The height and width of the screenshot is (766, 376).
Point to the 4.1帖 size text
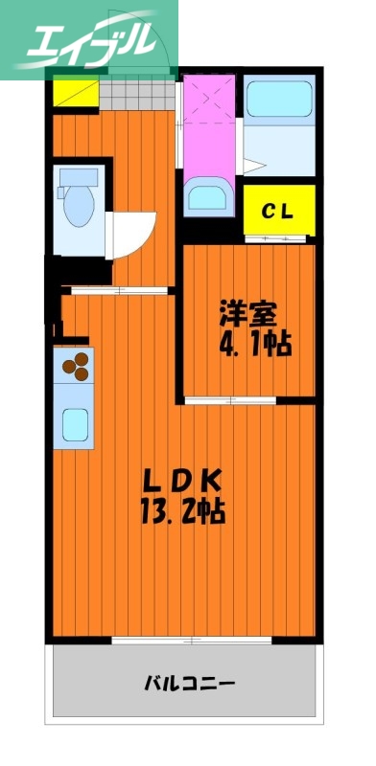coord(254,344)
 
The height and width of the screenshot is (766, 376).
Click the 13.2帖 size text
coord(185,511)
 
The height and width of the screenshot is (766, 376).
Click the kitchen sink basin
coord(77,421)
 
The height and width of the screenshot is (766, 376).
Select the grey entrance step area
coord(135,93)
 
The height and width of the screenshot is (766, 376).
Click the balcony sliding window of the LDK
coord(183,640)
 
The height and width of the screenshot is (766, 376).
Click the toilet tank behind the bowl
coord(78,176)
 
